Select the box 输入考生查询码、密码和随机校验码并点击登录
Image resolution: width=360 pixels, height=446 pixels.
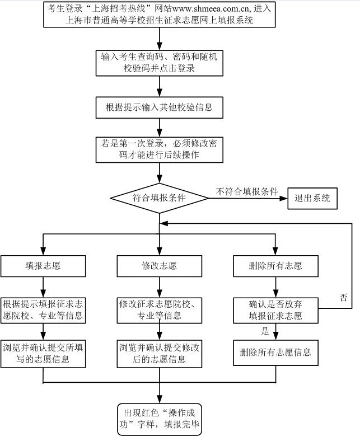160,63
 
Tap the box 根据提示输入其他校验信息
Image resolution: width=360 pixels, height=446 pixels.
160,106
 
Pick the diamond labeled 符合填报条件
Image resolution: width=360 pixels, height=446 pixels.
160,198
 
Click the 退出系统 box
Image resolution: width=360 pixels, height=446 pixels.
312,198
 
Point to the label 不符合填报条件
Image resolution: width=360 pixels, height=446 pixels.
247,191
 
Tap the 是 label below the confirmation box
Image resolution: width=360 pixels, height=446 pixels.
265,331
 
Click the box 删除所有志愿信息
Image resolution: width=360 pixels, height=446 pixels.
275,353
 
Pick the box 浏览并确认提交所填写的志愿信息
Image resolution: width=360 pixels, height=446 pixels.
43,353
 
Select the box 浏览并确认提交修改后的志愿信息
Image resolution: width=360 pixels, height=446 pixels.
160,353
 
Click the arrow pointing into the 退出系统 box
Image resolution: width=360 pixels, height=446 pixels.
283,198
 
